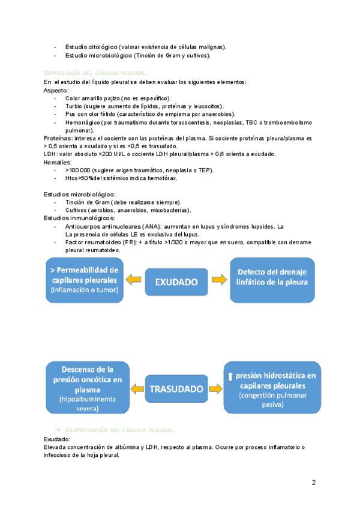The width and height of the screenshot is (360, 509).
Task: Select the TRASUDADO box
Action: pyautogui.click(x=176, y=388)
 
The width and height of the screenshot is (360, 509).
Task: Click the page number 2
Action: pyautogui.click(x=314, y=483)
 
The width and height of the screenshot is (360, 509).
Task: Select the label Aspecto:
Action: pyautogui.click(x=56, y=90)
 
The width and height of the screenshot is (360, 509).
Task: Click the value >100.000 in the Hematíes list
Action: pyautogui.click(x=78, y=170)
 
